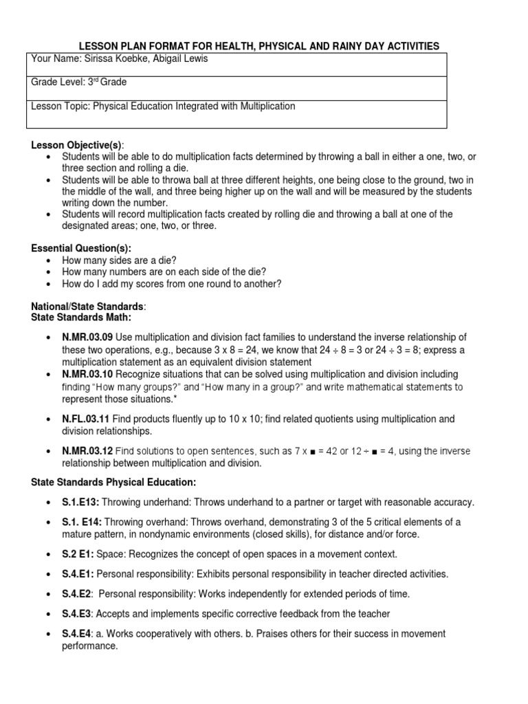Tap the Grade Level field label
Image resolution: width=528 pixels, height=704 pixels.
point(58,82)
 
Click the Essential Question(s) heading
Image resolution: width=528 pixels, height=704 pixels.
point(81,248)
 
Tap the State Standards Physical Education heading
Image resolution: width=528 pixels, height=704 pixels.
point(113,482)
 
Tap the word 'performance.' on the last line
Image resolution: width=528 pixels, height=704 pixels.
point(90,646)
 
